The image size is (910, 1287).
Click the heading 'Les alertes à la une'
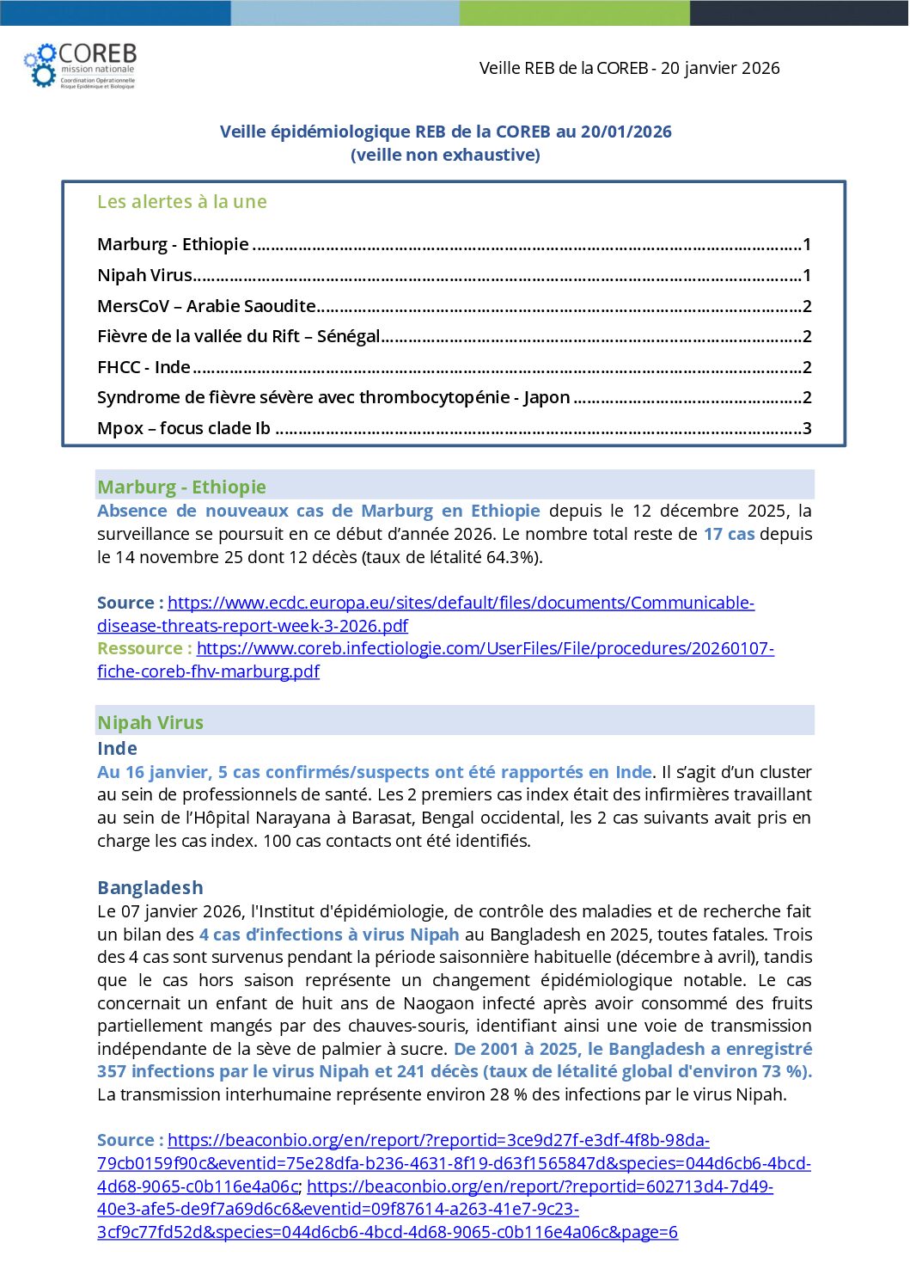point(181,202)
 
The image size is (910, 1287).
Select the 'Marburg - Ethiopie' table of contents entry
point(173,244)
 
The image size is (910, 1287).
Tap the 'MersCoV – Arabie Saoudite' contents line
point(206,306)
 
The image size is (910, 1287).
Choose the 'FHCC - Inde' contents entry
point(144,367)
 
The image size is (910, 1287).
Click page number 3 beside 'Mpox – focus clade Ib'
point(807,428)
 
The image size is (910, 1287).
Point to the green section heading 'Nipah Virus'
point(150,722)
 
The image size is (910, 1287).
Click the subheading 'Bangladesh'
point(150,887)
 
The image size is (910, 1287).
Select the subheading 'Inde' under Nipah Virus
point(117,748)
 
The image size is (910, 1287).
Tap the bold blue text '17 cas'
point(729,534)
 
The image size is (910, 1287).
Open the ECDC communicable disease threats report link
point(461,603)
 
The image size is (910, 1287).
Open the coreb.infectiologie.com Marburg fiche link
point(485,648)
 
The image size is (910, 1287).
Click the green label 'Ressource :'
point(144,648)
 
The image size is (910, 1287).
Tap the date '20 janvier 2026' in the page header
point(720,68)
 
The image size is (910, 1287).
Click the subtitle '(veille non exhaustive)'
point(445,155)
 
